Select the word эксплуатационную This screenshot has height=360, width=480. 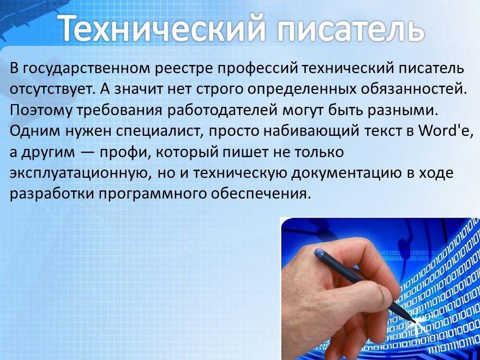(x=80, y=173)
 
